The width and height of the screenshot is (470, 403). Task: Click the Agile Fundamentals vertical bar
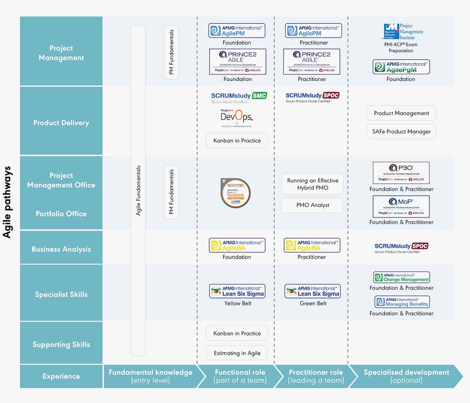[x=138, y=191]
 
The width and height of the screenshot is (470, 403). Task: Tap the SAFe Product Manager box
[x=401, y=132]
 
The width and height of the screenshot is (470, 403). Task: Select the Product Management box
[x=401, y=113]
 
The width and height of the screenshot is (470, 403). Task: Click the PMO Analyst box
[x=312, y=205]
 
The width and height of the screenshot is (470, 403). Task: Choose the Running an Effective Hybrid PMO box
[x=312, y=184]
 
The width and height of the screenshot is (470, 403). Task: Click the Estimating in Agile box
[x=237, y=353]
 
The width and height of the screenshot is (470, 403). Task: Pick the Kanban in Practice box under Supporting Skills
[x=237, y=333]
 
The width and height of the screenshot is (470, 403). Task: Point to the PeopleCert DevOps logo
[x=237, y=117]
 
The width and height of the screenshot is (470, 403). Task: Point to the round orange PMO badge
[x=235, y=193]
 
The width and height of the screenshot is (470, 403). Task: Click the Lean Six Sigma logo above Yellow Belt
[x=237, y=291]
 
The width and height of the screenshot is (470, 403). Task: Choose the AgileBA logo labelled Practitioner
[x=312, y=245]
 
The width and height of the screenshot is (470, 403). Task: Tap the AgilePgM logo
[x=401, y=67]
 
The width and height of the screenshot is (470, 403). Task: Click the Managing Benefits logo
[x=402, y=302]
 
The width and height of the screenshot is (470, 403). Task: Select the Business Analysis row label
[x=61, y=249]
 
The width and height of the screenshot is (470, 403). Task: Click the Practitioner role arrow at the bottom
[x=315, y=376]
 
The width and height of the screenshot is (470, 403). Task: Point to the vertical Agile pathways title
[x=7, y=202]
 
